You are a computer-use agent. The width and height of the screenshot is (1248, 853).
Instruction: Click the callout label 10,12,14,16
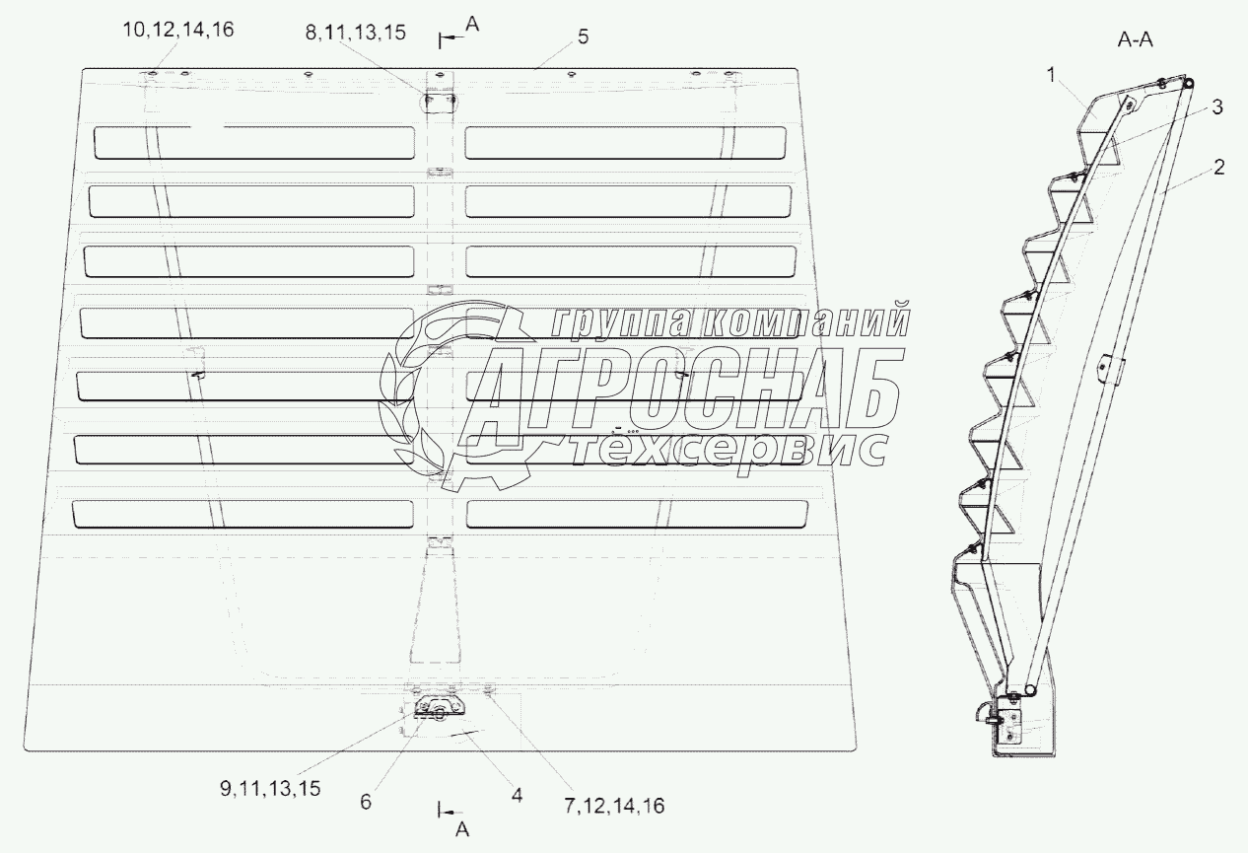click(177, 30)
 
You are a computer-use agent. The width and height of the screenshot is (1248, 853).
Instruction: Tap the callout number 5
click(583, 36)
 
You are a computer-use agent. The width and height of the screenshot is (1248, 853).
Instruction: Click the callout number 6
click(366, 803)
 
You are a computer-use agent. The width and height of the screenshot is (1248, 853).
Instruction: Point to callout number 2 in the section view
click(1219, 168)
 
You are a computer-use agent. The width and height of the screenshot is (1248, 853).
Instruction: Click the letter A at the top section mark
click(471, 28)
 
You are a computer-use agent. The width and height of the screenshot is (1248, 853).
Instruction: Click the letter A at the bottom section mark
click(461, 830)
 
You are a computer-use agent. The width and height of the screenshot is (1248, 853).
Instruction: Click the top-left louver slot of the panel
click(254, 142)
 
